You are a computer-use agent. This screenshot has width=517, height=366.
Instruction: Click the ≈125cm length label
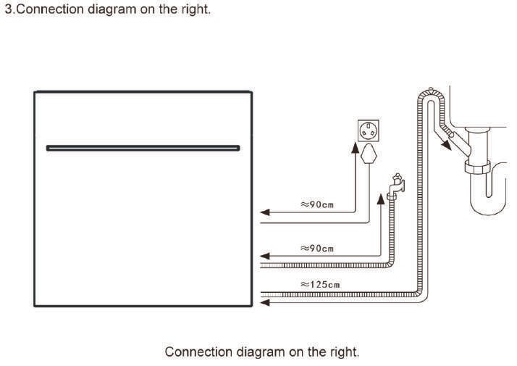[320, 284]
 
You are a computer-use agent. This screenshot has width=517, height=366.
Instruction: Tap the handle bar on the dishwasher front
[143, 148]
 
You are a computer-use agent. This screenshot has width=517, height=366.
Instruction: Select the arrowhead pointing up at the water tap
[382, 198]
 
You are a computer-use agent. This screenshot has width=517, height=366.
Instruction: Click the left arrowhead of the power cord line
[264, 212]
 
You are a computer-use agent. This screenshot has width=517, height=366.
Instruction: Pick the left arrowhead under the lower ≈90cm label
[264, 256]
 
